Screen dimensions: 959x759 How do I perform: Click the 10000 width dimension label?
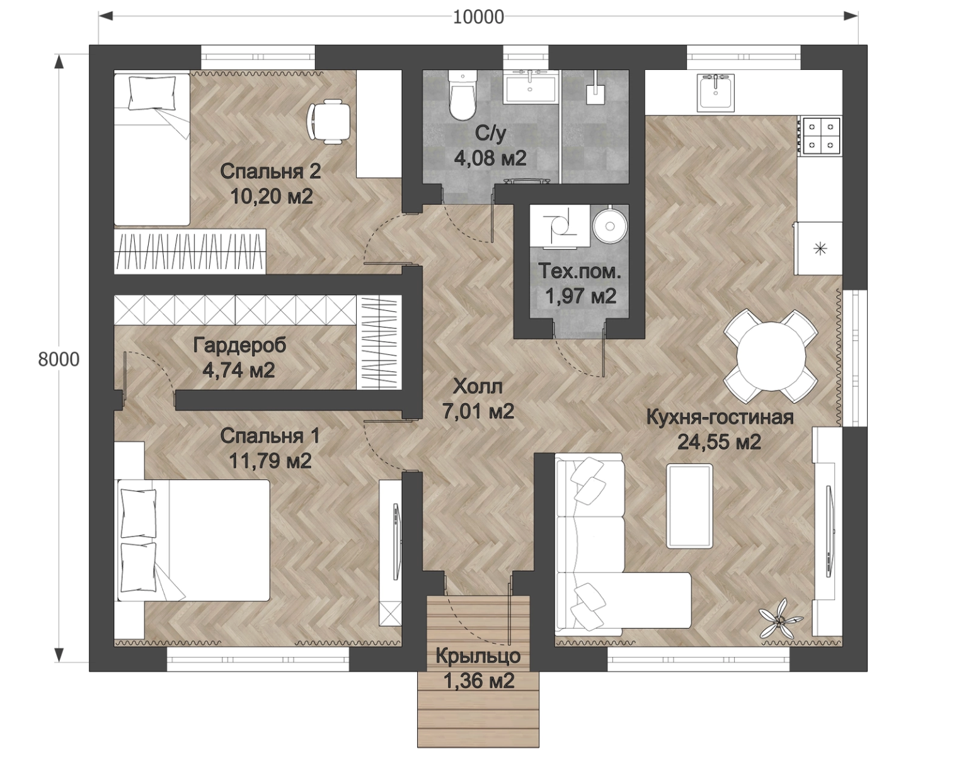click(478, 18)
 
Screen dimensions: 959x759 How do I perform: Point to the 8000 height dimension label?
click(59, 359)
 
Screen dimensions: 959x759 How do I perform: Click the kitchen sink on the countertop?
click(716, 91)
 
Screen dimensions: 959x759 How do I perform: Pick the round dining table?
click(771, 357)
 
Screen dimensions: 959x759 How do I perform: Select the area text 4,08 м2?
click(490, 158)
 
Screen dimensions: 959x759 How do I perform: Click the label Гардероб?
click(239, 345)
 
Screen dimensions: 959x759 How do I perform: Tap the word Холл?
click(478, 386)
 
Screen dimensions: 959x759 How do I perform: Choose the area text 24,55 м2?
click(720, 442)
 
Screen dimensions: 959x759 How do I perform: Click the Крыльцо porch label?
click(478, 656)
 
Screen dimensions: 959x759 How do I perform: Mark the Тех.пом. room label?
click(579, 271)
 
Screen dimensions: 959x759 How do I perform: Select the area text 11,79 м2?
click(270, 461)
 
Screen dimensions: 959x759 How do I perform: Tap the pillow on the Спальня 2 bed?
click(151, 92)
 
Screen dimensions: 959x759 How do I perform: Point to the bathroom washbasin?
click(531, 87)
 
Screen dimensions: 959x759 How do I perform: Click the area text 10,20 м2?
click(272, 196)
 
